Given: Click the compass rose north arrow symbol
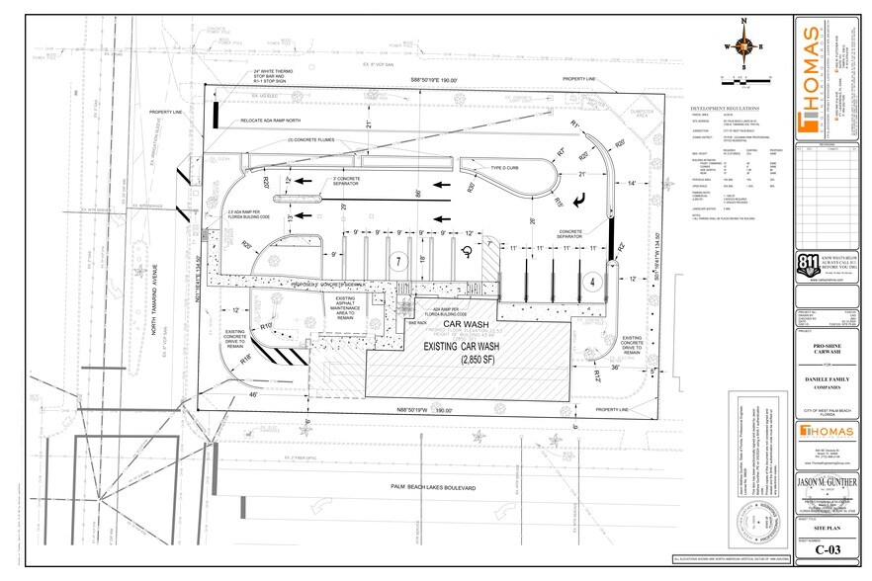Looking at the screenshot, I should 744,46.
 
